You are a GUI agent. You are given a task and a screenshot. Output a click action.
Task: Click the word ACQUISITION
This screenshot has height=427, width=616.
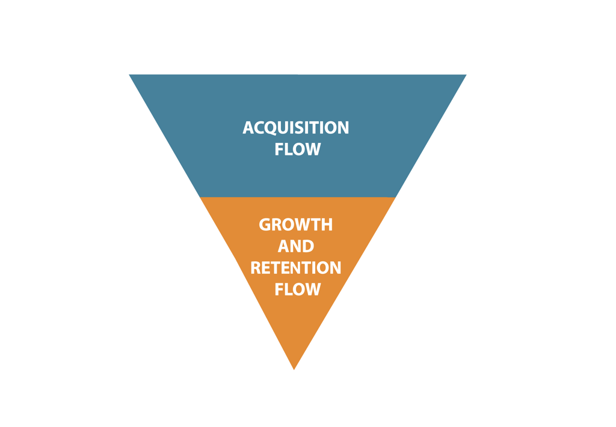tap(295, 128)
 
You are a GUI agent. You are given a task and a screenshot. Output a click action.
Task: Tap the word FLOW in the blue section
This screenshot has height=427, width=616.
tap(297, 150)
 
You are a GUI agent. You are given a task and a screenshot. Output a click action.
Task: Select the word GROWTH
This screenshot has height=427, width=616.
tap(295, 225)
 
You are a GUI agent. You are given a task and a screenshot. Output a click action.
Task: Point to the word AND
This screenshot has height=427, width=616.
tap(295, 246)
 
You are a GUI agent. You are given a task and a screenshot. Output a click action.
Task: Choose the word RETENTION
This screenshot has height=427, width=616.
tap(295, 268)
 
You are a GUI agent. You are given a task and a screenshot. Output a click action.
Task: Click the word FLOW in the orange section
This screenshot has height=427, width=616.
tap(297, 289)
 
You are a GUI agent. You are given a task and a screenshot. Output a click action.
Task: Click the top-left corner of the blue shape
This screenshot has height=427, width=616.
tap(130, 75)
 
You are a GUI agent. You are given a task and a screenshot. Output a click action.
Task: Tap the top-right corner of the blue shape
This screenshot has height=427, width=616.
tap(466, 75)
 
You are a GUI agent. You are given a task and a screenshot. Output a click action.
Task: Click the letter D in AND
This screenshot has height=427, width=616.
tap(307, 246)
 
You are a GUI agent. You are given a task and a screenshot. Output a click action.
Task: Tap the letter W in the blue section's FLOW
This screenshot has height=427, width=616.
tap(311, 150)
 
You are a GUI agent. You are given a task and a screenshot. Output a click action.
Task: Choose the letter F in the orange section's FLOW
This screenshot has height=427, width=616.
tap(279, 289)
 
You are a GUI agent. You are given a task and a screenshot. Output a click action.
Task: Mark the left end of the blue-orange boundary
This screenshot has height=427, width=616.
tap(200, 197)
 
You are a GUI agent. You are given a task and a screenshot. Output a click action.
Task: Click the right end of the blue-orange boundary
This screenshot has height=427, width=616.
tap(395, 197)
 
